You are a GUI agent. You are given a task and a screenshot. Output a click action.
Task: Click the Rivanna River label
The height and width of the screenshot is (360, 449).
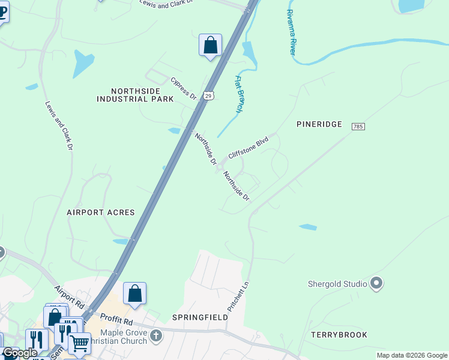pyautogui.click(x=291, y=33)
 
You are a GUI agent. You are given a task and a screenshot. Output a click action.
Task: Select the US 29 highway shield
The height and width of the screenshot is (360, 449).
pyautogui.click(x=208, y=95)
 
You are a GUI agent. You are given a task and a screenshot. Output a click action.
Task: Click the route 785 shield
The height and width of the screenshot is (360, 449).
pyautogui.click(x=358, y=127)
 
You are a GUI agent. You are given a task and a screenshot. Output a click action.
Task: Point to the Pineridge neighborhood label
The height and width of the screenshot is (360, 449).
pyautogui.click(x=319, y=124)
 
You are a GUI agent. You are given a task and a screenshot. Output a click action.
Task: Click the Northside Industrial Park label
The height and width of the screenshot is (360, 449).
pyautogui.click(x=135, y=95)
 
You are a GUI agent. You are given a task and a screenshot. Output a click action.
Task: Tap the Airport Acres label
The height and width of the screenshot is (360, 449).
pyautogui.click(x=101, y=212)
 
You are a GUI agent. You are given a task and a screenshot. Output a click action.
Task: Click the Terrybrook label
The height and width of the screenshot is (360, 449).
pyautogui.click(x=339, y=334)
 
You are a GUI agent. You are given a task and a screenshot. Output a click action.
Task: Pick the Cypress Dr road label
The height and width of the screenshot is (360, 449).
pyautogui.click(x=184, y=88)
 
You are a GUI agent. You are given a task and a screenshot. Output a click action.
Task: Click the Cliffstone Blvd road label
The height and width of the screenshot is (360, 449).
pyautogui.click(x=248, y=148)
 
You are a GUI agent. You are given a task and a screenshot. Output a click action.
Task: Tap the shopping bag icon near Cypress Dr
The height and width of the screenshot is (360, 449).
pyautogui.click(x=210, y=45)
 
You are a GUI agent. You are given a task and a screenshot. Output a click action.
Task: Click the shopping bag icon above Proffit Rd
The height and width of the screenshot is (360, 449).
pyautogui.click(x=134, y=293)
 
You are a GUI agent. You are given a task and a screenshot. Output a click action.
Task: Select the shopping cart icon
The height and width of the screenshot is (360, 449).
pyautogui.click(x=79, y=344)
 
